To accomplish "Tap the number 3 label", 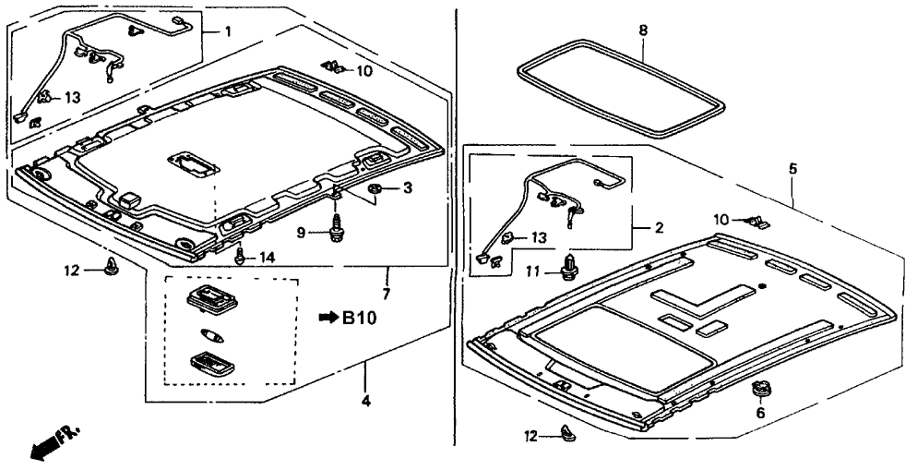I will click(408, 189).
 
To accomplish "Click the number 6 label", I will click(761, 415).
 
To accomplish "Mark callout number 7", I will click(387, 294).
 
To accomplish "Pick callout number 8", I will click(643, 30).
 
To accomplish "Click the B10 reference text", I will click(360, 319).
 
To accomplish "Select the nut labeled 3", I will click(376, 190).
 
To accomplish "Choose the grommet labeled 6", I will click(761, 389).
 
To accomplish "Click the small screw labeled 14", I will click(240, 256).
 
